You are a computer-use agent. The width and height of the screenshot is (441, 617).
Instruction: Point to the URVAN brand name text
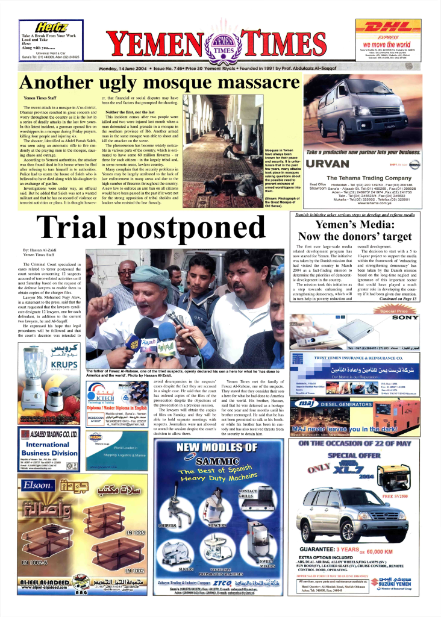331,164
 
